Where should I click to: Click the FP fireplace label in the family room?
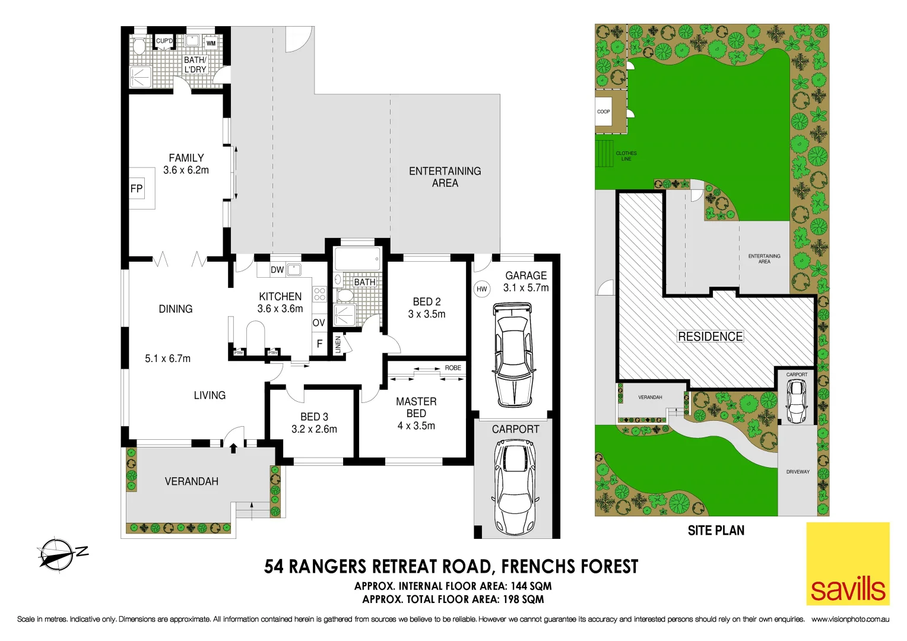(x=137, y=189)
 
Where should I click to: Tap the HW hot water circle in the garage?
(x=481, y=289)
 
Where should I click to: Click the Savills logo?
(x=848, y=564)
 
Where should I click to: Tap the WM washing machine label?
(x=211, y=43)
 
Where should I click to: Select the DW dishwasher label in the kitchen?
(x=277, y=269)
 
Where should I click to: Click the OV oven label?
(x=319, y=323)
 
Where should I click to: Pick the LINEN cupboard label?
(x=338, y=345)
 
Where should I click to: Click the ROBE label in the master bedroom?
(x=453, y=368)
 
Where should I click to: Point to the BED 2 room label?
(x=427, y=302)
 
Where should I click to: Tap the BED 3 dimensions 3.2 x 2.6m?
(x=314, y=429)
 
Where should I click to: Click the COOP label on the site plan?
(x=604, y=112)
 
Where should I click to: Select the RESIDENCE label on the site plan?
(x=710, y=337)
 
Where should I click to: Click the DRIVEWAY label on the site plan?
(x=798, y=472)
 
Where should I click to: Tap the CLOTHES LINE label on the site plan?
(x=626, y=156)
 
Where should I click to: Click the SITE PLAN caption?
(x=716, y=531)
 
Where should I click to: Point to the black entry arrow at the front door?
(x=233, y=448)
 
